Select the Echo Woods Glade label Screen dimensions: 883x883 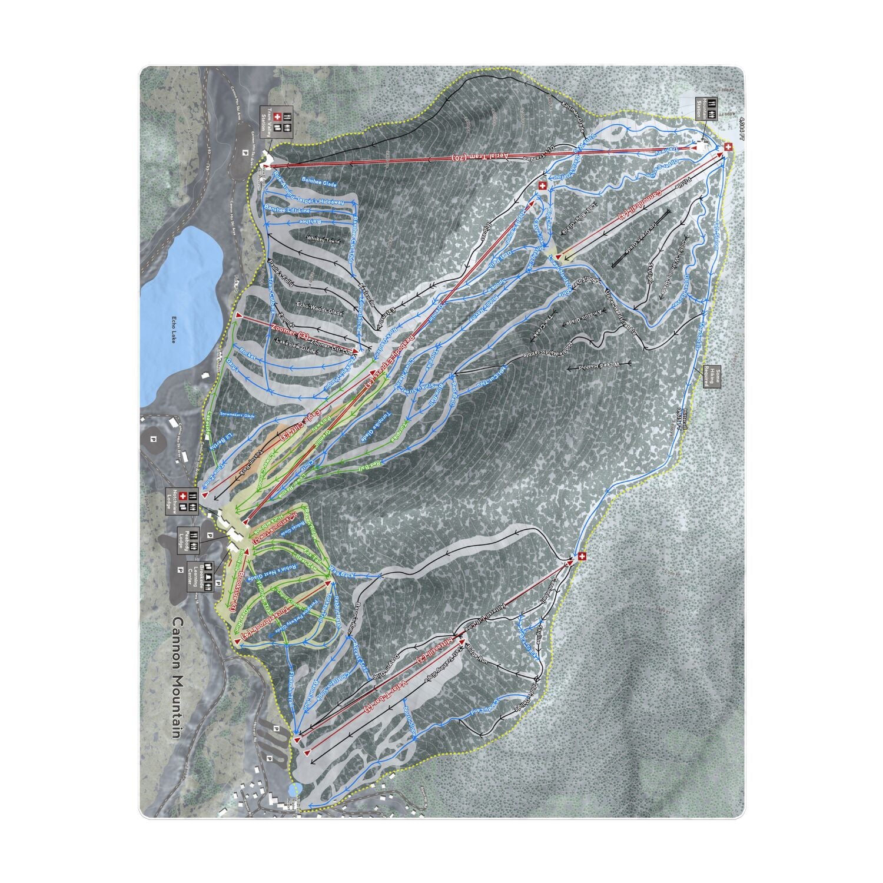[320, 308]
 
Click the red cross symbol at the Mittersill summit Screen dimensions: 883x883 [582, 556]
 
